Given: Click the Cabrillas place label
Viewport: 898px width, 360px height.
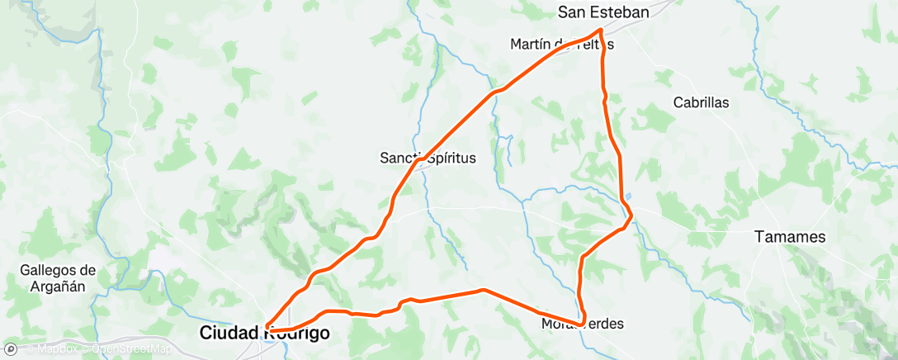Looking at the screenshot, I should [x=701, y=103].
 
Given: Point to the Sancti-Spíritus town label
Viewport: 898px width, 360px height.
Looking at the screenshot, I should [x=428, y=158].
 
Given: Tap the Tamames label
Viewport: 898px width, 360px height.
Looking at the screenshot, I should [x=790, y=237].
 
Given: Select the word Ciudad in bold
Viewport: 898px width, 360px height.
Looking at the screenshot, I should [x=231, y=334].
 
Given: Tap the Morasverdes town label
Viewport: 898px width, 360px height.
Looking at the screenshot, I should [x=582, y=324].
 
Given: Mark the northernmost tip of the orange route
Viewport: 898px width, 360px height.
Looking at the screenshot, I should [x=600, y=31].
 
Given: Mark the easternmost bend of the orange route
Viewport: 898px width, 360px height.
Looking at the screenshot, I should [x=632, y=217].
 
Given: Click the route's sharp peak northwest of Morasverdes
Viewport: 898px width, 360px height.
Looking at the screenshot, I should [x=483, y=290].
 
